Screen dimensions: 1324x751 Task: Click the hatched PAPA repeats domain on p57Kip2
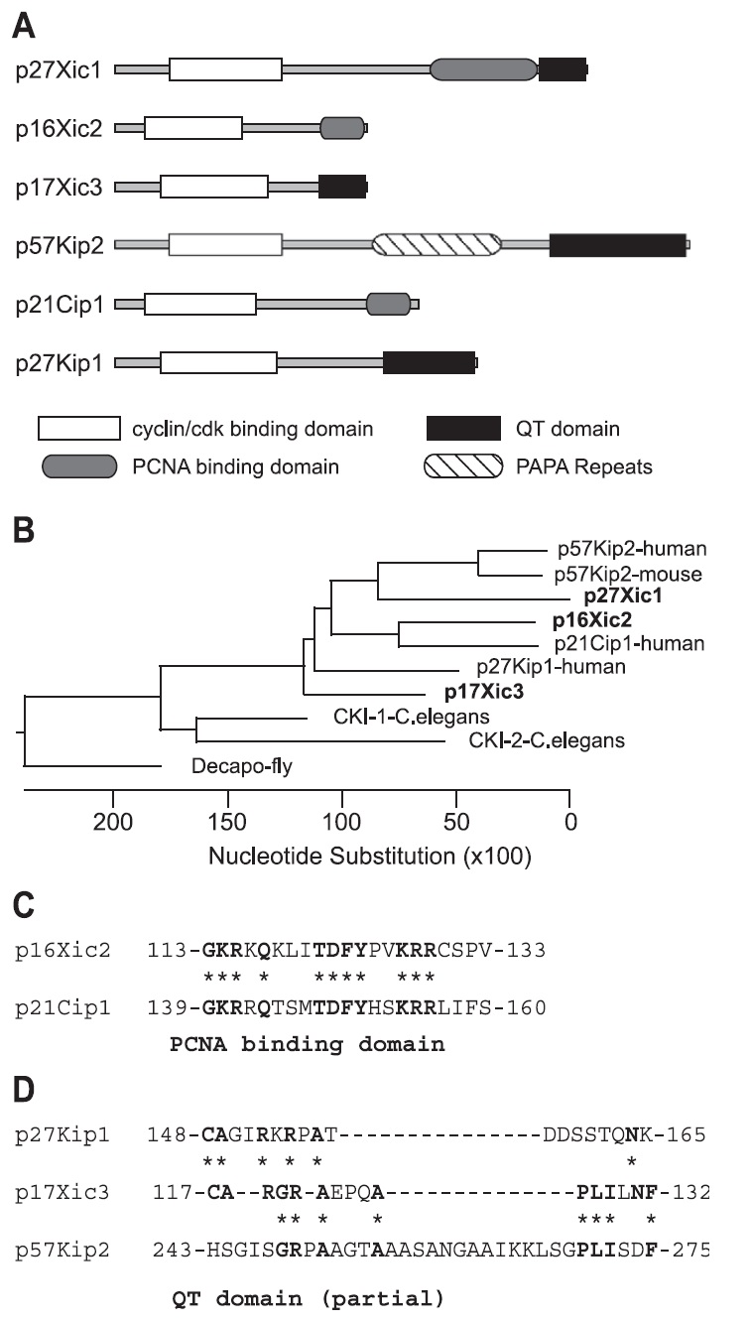coord(437,243)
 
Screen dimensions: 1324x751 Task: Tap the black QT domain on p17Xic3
coord(342,187)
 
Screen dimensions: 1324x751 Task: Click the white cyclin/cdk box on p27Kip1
coord(218,363)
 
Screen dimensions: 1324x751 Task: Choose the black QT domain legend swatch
coord(462,429)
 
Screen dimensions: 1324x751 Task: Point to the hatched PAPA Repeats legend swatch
coord(462,464)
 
